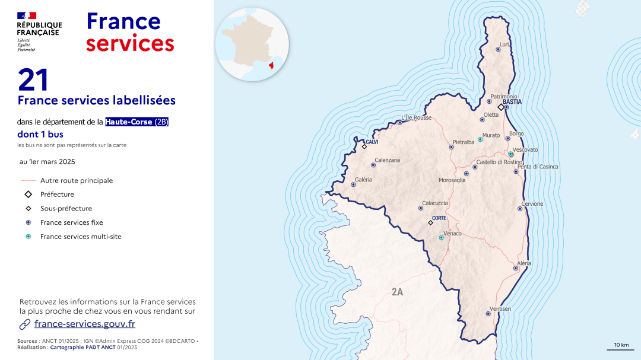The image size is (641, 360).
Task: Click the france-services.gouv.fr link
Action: (x=84, y=324)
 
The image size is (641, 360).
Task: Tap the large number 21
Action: (x=33, y=80)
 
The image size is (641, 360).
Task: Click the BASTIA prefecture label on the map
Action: (x=512, y=102)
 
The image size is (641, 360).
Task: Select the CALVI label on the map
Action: (x=372, y=142)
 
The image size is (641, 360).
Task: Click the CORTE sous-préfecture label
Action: (x=439, y=218)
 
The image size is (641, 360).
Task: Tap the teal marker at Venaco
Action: (x=441, y=238)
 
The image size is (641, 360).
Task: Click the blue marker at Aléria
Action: (x=516, y=268)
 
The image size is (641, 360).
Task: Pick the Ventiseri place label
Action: (x=500, y=308)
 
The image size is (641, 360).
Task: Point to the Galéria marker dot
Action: (x=353, y=184)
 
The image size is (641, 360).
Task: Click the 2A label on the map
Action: (x=397, y=292)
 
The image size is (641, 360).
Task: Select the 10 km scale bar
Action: (x=621, y=349)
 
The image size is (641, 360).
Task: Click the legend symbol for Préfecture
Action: (x=28, y=195)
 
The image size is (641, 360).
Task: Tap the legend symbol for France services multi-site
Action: (x=28, y=237)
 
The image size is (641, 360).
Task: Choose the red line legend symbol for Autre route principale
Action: (x=28, y=181)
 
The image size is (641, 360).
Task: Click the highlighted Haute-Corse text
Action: (x=129, y=122)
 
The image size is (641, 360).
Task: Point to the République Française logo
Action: (x=39, y=32)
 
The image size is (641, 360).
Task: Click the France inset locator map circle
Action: (x=252, y=44)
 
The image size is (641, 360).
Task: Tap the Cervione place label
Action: (x=532, y=204)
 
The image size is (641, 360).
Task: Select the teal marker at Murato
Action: (x=480, y=139)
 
